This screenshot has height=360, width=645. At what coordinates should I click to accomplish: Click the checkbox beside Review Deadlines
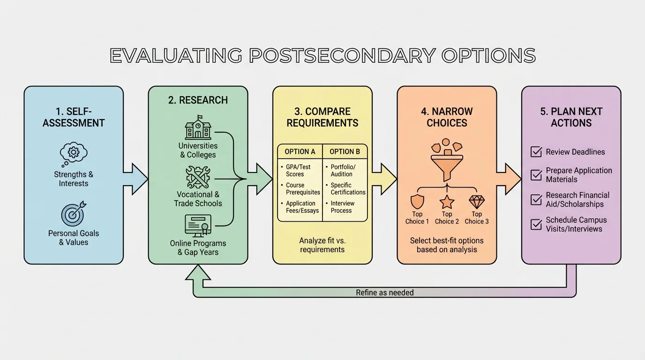[x=536, y=152]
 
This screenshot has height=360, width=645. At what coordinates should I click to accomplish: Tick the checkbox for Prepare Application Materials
[x=536, y=175]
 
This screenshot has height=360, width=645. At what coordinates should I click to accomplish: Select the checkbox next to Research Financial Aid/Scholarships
[x=536, y=200]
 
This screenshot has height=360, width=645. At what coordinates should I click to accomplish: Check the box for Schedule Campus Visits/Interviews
[x=536, y=225]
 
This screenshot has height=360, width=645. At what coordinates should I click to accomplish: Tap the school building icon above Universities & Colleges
[x=198, y=127]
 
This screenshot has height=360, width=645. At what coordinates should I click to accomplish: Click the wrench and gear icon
[x=198, y=178]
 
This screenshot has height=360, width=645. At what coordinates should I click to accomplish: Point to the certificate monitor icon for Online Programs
[x=198, y=226]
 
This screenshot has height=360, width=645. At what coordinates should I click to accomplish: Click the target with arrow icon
[x=74, y=213]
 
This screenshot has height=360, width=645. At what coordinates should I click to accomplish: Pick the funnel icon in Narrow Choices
[x=446, y=164]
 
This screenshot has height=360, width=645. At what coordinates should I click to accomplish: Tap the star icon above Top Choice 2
[x=447, y=202]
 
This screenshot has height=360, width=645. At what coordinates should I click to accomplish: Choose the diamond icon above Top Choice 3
[x=477, y=202]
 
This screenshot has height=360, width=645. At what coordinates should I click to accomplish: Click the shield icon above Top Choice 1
[x=417, y=202]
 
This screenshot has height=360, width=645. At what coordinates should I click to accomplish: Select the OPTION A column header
[x=300, y=152]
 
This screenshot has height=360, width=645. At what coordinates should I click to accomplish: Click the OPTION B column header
[x=345, y=152]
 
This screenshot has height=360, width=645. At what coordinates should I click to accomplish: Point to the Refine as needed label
[x=385, y=292]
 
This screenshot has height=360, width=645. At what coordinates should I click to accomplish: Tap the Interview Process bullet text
[x=343, y=207]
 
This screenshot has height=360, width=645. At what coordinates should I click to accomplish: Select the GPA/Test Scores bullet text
[x=298, y=170]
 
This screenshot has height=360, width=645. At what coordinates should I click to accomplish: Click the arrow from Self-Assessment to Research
[x=136, y=178]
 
